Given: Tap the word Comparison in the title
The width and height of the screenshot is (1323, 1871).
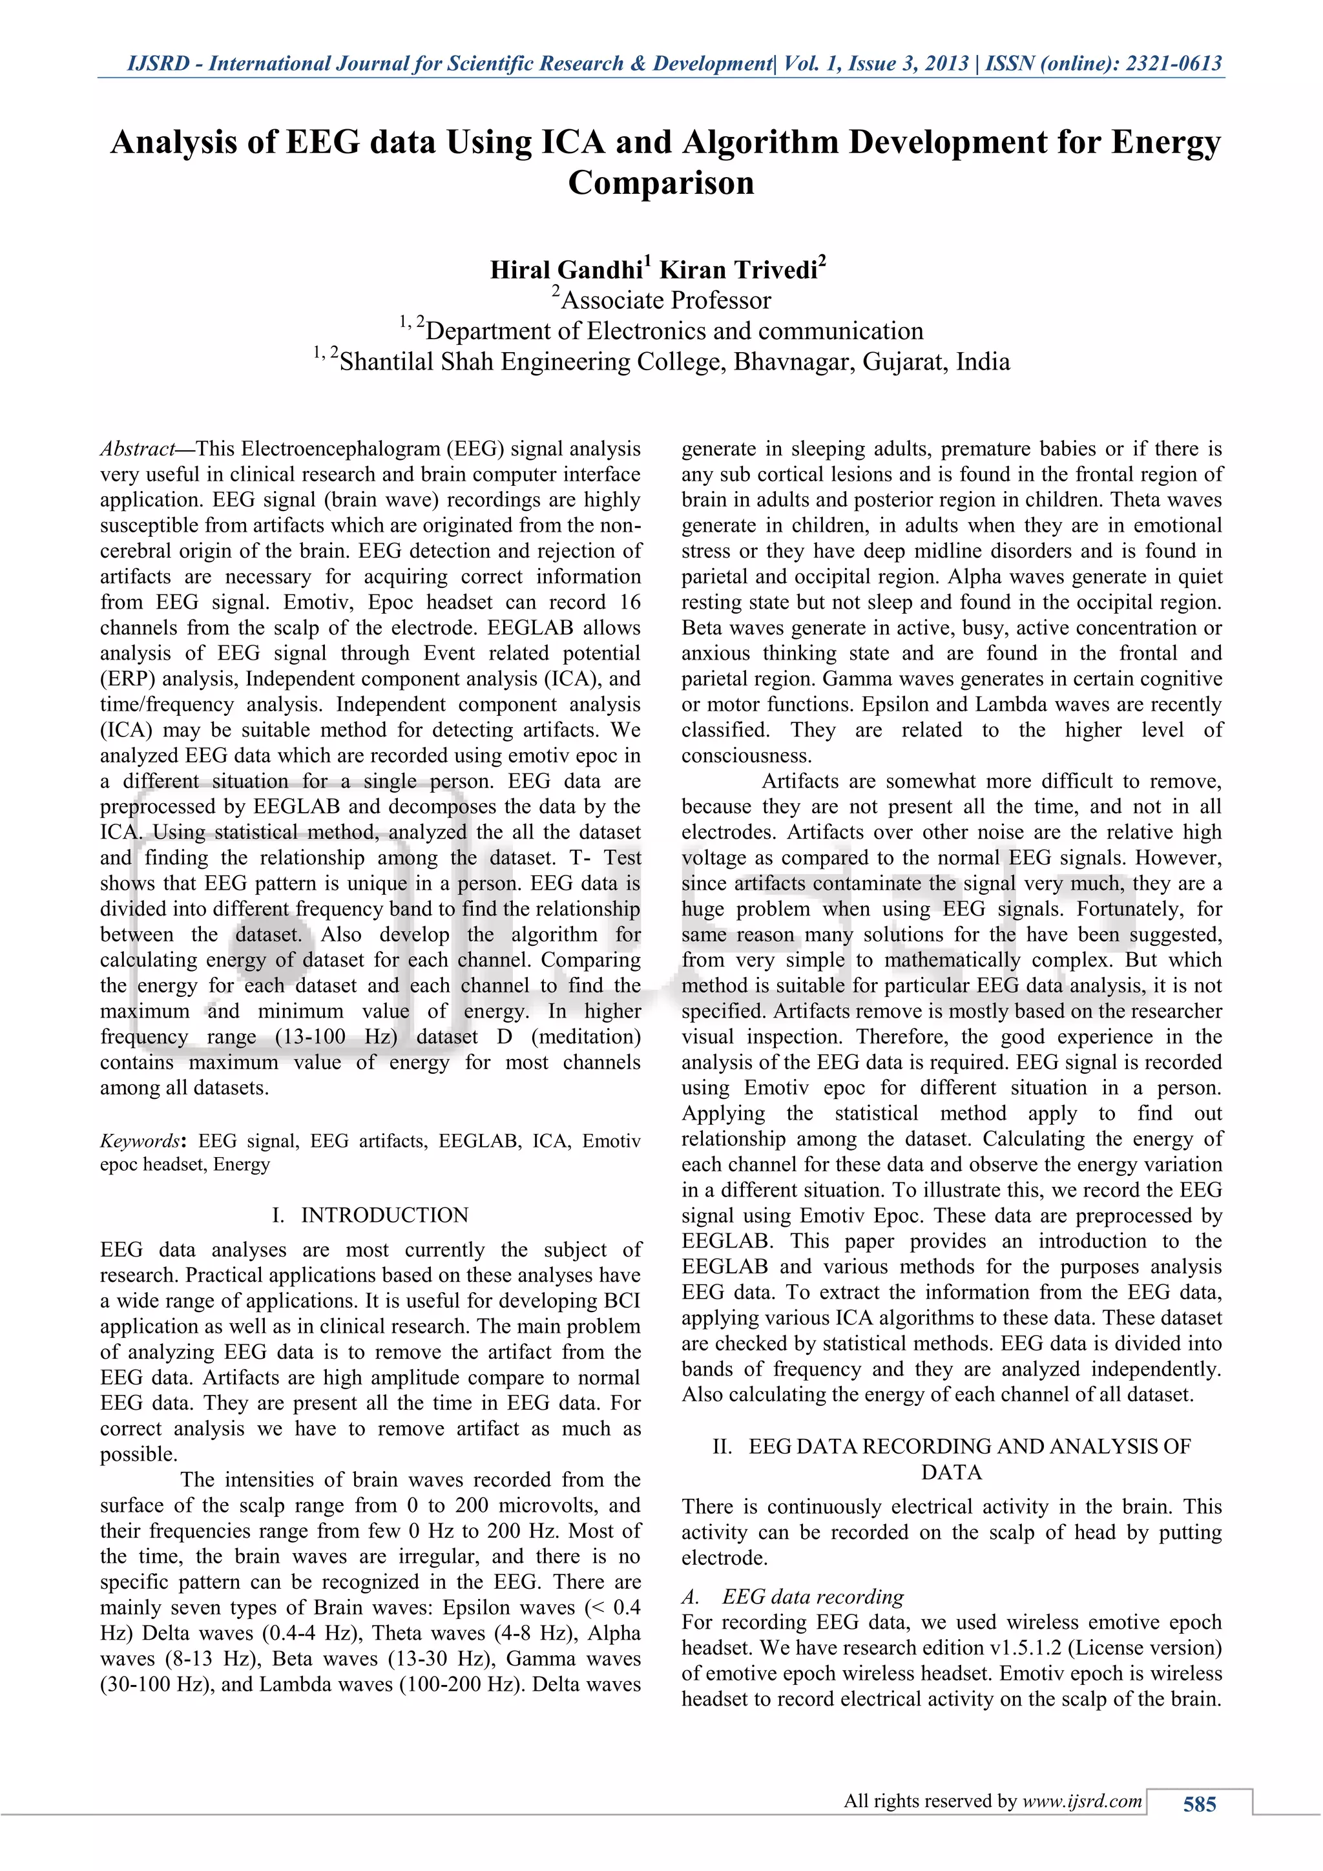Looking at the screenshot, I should pos(661,183).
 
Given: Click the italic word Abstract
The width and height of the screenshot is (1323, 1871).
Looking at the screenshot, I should pos(138,449).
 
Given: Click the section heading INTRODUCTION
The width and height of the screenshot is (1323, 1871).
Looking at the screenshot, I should pos(384,1215).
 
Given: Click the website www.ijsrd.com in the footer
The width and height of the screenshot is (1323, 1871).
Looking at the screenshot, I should pos(1082,1801).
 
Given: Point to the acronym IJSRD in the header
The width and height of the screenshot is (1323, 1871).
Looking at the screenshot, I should pos(158,63).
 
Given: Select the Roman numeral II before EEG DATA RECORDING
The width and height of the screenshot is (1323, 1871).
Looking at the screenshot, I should pos(722,1447).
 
